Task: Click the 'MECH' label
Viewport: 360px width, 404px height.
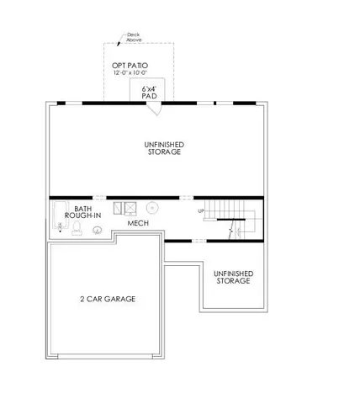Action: [x=138, y=224]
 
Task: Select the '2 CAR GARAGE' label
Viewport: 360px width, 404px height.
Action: [x=109, y=299]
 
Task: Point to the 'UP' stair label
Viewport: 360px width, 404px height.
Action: [x=200, y=210]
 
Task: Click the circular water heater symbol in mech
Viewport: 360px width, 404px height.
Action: [x=153, y=206]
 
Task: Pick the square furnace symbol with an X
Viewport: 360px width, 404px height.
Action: [x=133, y=206]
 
